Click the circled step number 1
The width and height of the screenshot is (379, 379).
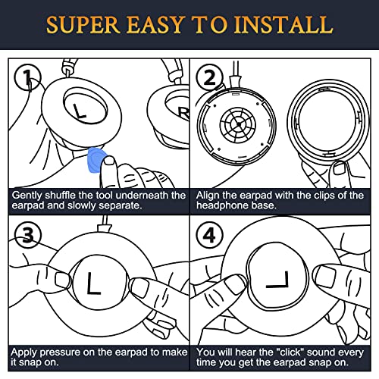[x=27, y=77]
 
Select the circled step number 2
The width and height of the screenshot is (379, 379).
[x=209, y=77]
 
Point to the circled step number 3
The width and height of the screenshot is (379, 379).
[x=28, y=235]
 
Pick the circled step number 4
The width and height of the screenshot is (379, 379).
[x=210, y=235]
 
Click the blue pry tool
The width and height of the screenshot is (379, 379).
[x=96, y=160]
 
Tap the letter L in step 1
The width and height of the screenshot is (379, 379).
[x=80, y=111]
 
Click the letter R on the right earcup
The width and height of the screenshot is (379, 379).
[x=183, y=113]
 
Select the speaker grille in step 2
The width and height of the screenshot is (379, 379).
[x=238, y=124]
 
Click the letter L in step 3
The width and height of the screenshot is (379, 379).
[x=94, y=283]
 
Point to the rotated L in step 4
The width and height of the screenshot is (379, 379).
[x=277, y=280]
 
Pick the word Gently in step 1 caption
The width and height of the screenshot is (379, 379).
[x=27, y=196]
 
